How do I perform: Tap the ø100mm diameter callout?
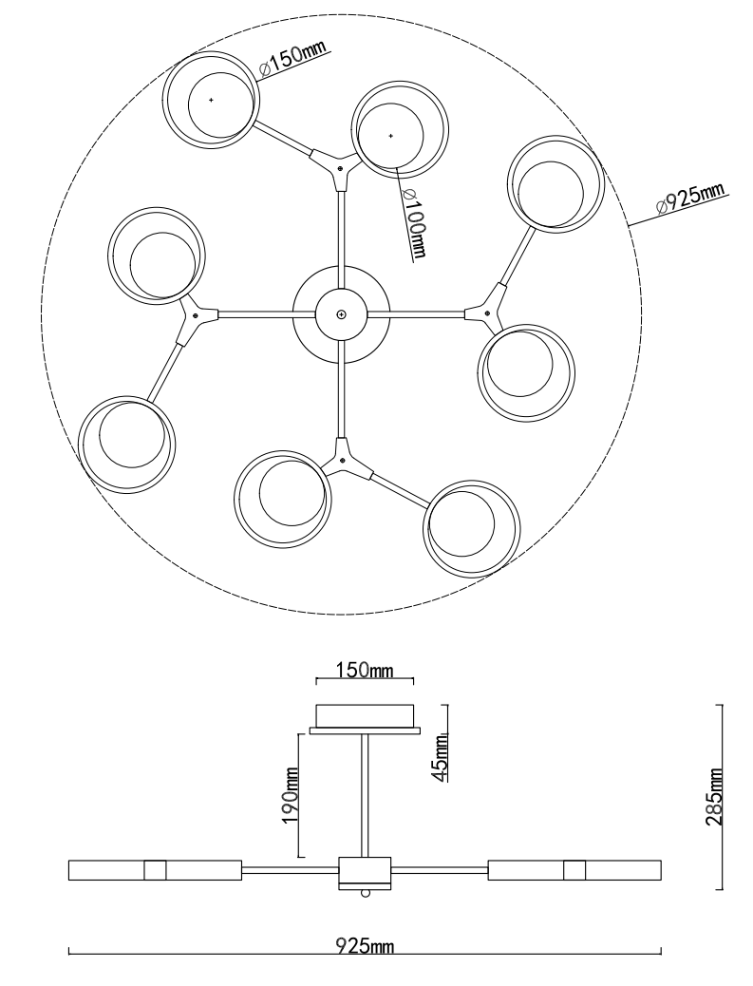[x=416, y=222]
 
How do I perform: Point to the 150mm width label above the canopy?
[x=365, y=670]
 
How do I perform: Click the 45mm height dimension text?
[x=443, y=757]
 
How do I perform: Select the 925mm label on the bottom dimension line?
[x=365, y=945]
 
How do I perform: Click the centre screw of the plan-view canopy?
[x=341, y=313]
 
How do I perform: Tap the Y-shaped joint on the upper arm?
[x=337, y=165]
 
